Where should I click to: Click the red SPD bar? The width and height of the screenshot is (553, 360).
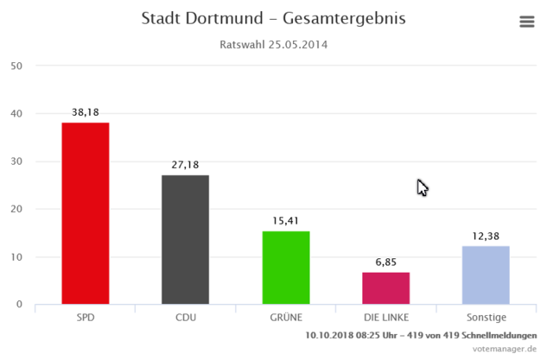pos(85,213)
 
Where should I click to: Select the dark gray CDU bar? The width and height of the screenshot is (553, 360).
pos(185,239)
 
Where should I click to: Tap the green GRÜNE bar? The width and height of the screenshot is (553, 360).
pos(286,268)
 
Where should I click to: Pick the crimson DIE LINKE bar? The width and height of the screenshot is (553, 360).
pos(385,288)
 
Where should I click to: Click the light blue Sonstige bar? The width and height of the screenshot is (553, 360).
pos(486,275)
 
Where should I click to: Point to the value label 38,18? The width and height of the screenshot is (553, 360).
pos(85,112)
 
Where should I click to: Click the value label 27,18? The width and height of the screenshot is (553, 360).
pos(185,165)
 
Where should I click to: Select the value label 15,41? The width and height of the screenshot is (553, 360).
pos(286,221)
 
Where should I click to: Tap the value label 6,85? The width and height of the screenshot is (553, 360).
pos(385,262)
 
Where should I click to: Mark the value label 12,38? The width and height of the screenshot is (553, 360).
pos(486,236)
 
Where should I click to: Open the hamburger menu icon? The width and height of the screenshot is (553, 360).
pos(527,22)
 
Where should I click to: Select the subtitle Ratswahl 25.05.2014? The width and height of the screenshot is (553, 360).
pos(273,44)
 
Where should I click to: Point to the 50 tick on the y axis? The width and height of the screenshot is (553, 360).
pos(16,66)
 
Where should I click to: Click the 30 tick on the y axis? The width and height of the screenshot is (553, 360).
pos(16,161)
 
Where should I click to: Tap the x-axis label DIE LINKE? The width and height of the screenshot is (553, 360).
pos(385,318)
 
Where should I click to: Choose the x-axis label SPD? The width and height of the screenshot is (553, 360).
pos(85,318)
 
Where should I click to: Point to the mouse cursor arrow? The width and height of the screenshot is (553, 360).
pos(422,187)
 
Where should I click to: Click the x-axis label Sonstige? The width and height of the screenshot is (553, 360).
pos(486,318)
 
